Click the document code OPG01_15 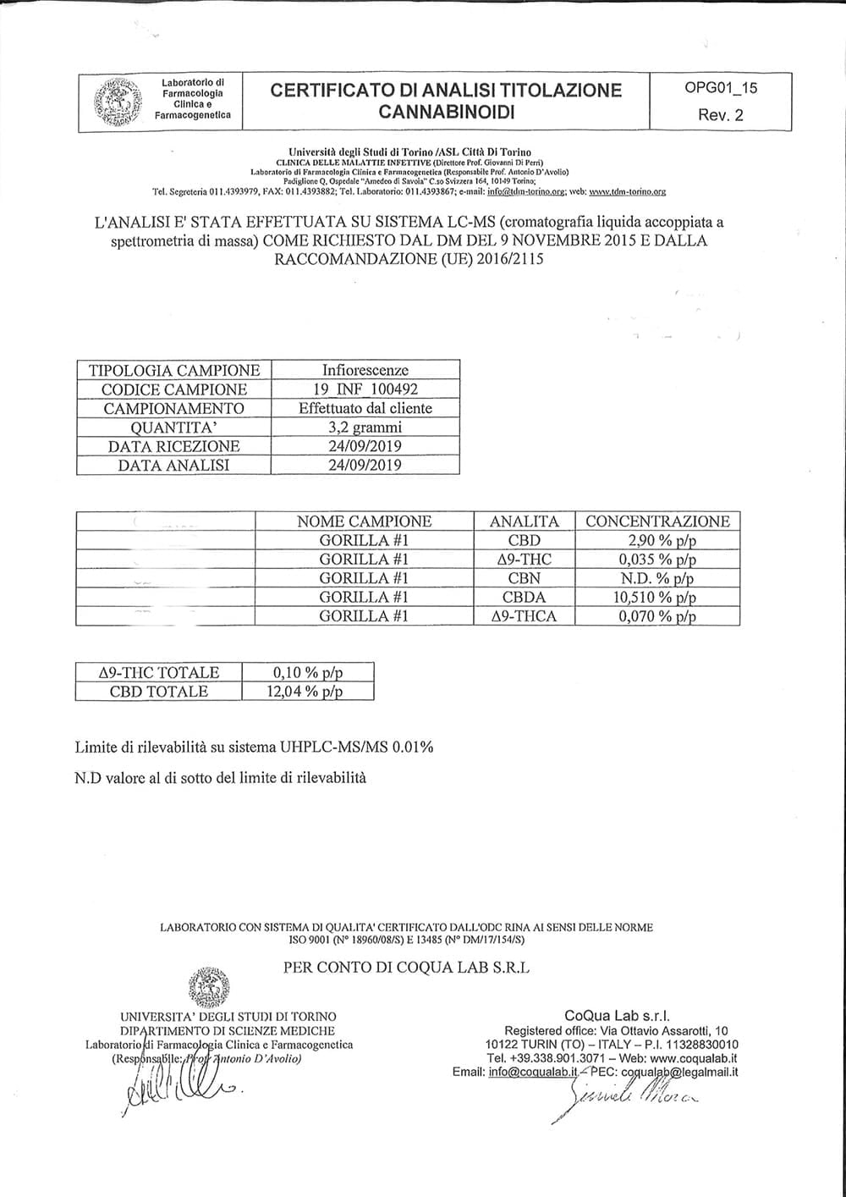(720, 88)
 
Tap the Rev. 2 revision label (721, 115)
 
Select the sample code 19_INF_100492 (365, 389)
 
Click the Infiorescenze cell (365, 370)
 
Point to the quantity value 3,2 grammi (365, 427)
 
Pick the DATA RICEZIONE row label (174, 446)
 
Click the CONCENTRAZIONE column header (657, 521)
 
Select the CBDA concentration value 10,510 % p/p (657, 597)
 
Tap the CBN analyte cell (525, 578)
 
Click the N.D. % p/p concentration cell (657, 578)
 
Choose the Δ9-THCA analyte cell (525, 616)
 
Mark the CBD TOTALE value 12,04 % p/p (308, 692)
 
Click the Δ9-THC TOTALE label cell (159, 672)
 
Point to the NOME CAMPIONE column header (365, 521)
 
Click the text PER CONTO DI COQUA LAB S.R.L (407, 968)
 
